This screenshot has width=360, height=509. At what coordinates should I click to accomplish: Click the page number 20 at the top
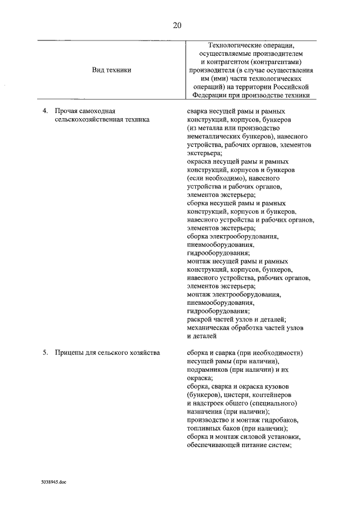point(178,25)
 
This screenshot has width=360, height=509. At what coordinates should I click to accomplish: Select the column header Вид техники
point(111,70)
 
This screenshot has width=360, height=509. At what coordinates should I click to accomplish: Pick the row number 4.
point(46,111)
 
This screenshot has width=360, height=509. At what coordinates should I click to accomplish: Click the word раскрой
point(200,319)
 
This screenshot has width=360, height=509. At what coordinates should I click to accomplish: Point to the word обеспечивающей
point(214,446)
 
